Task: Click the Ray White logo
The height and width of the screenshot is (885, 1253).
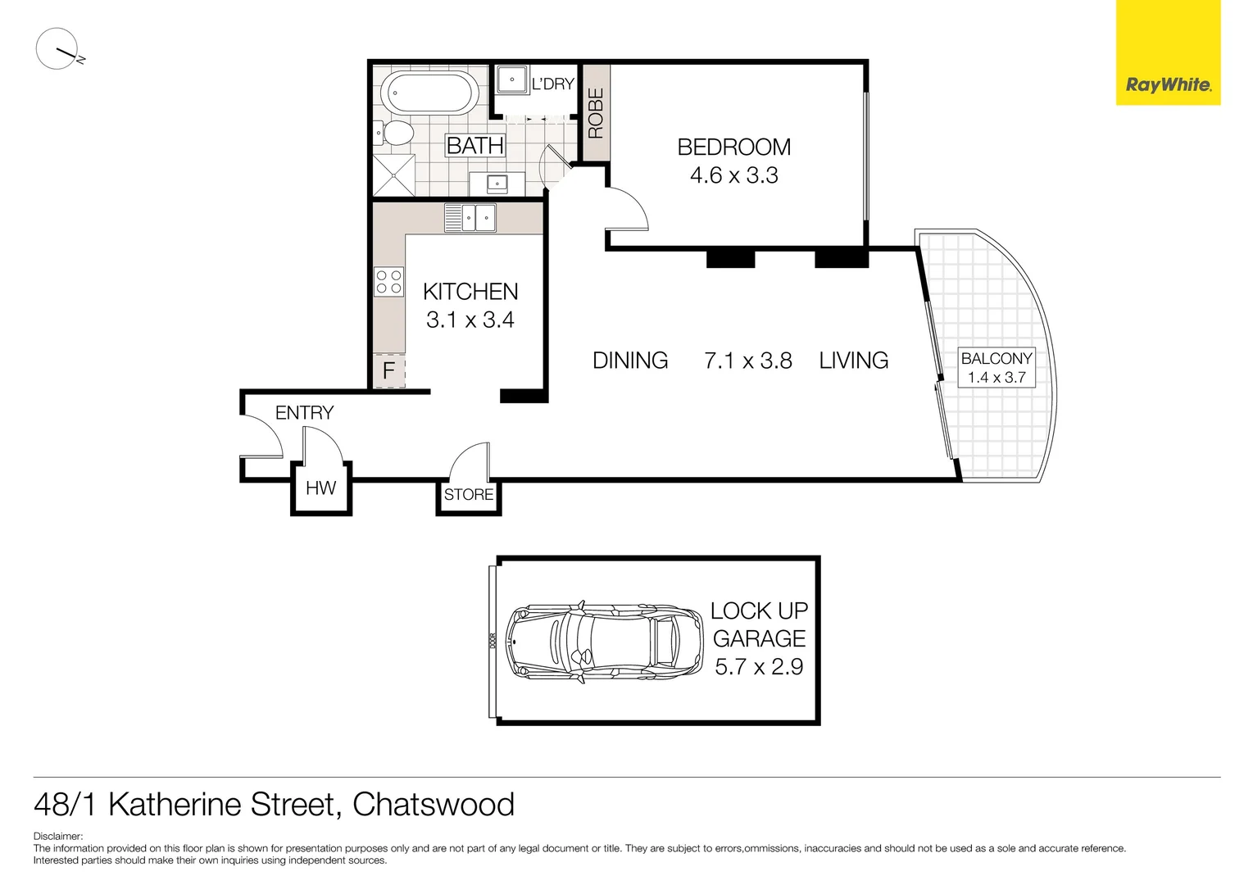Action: (x=1168, y=84)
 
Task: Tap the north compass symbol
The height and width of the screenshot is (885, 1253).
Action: (x=57, y=49)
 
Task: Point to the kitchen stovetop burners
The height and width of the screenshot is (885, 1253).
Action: (x=388, y=282)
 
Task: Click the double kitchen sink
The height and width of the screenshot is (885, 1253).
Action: (x=470, y=218)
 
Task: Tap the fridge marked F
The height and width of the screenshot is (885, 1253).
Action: (x=389, y=371)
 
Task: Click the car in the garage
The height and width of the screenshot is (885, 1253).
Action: (x=603, y=640)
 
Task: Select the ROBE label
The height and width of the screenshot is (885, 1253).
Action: (x=596, y=113)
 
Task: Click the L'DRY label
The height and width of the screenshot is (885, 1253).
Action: (x=553, y=84)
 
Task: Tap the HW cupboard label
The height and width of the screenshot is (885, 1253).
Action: (x=320, y=488)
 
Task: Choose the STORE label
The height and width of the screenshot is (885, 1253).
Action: (x=469, y=495)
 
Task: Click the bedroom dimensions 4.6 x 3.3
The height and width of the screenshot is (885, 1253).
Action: (x=733, y=175)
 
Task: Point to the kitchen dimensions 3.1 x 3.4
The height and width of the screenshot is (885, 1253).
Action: (x=470, y=320)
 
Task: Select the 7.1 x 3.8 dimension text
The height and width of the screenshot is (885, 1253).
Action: (x=747, y=361)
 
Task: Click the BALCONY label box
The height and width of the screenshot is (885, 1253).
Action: (x=996, y=368)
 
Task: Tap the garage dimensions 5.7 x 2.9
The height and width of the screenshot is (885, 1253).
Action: (x=759, y=667)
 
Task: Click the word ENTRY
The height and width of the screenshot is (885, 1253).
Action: (x=304, y=413)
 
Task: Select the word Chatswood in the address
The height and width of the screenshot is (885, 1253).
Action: (x=433, y=805)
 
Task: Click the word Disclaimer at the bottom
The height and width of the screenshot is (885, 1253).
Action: (x=57, y=837)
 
